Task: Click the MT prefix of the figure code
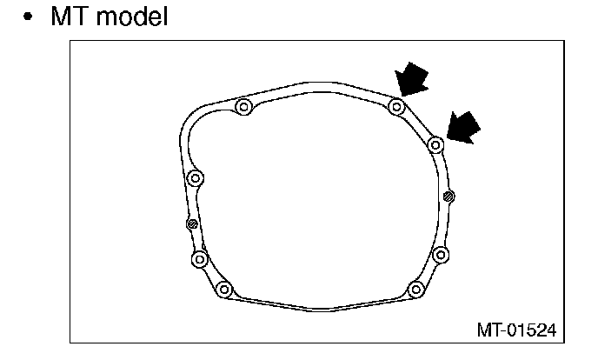click(x=487, y=330)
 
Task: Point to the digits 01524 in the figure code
click(x=531, y=330)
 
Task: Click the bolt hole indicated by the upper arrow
click(x=396, y=107)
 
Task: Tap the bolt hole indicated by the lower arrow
click(x=436, y=144)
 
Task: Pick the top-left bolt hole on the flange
click(x=243, y=108)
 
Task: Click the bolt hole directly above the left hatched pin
click(x=196, y=178)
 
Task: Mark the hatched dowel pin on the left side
click(x=193, y=224)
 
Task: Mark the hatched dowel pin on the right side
click(x=448, y=196)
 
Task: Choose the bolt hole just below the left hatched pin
click(x=200, y=259)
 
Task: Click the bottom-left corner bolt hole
click(x=224, y=290)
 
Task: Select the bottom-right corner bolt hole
click(x=415, y=289)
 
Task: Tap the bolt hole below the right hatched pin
click(x=440, y=255)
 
